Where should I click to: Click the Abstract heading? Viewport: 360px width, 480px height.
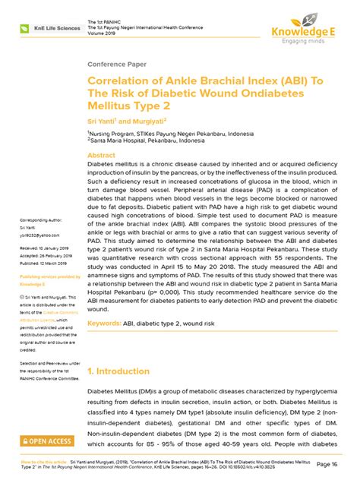pyautogui.click(x=102, y=153)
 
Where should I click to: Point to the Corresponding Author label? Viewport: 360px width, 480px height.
pyautogui.click(x=43, y=220)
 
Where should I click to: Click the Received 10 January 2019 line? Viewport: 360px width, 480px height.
pyautogui.click(x=45, y=248)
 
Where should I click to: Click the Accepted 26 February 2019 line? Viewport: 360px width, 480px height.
pyautogui.click(x=46, y=256)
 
